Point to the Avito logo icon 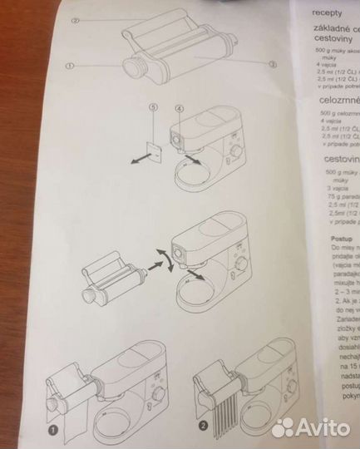286,426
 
